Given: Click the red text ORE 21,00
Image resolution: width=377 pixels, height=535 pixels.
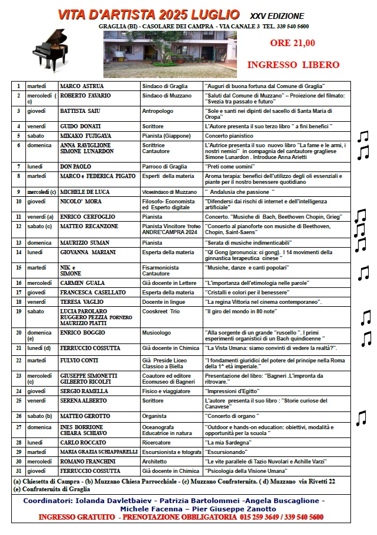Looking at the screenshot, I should click(x=292, y=43).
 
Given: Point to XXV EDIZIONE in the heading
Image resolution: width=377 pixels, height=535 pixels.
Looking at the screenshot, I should click(x=277, y=16).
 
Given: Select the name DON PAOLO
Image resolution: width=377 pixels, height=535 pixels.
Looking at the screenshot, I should click(x=76, y=167).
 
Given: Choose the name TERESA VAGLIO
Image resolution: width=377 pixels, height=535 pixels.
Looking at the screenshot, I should click(x=82, y=301).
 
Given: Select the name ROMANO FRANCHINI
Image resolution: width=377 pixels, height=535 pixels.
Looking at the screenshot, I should click(x=88, y=461).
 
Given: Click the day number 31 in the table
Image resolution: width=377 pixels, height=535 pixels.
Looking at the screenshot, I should click(x=19, y=471).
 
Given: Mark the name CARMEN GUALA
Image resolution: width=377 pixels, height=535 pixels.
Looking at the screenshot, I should click(x=82, y=283).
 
